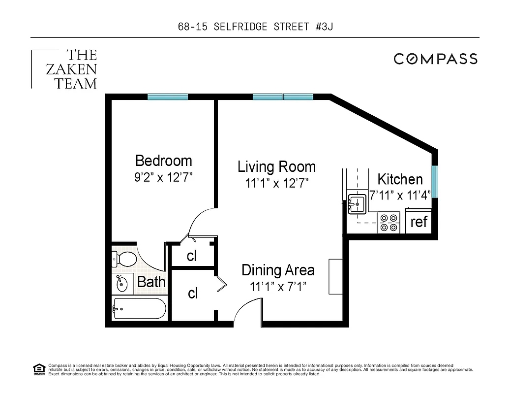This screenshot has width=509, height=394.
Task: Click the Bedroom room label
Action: click(163, 161)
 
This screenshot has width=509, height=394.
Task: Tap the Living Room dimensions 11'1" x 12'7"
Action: click(276, 184)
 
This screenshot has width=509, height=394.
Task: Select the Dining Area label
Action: click(278, 270)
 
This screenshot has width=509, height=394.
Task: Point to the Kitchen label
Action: click(399, 179)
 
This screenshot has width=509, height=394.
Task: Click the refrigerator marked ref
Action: click(419, 222)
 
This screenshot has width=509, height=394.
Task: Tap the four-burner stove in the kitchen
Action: click(389, 222)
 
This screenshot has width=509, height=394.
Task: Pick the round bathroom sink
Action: click(121, 284)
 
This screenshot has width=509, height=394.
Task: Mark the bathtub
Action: click(139, 309)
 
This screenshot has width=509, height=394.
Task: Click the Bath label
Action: click(151, 282)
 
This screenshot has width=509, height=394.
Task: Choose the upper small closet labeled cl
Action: click(191, 256)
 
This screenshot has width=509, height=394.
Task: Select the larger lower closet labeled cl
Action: click(193, 294)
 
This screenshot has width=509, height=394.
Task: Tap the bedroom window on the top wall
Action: click(168, 97)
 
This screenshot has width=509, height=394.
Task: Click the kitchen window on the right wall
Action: click(435, 181)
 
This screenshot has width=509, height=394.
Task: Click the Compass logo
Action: click(435, 59)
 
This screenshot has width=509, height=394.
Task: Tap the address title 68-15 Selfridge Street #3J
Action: click(255, 27)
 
